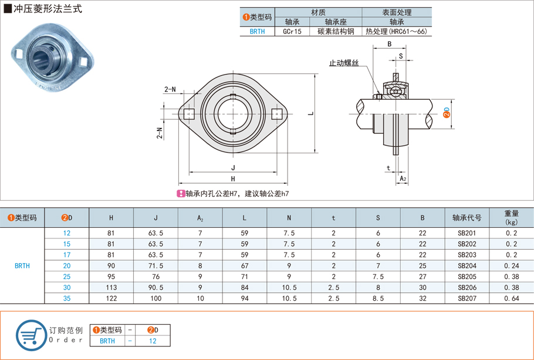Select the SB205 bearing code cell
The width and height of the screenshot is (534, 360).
(x=467, y=276)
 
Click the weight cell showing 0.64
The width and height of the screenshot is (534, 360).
(x=511, y=298)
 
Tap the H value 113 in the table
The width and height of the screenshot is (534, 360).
(x=111, y=287)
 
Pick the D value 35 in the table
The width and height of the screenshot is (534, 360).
(x=67, y=298)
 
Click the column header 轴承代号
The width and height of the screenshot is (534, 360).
(x=467, y=218)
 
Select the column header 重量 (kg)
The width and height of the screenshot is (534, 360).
(x=511, y=218)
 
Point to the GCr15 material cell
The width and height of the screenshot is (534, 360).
(x=292, y=32)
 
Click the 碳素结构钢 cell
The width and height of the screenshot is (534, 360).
(x=335, y=32)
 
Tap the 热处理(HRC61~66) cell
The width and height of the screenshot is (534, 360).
(x=396, y=32)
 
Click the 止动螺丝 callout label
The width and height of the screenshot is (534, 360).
(x=343, y=63)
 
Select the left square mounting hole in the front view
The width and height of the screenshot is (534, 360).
(x=189, y=114)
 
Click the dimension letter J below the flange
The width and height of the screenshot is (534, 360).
(x=233, y=168)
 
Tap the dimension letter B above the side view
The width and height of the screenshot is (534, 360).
(x=389, y=45)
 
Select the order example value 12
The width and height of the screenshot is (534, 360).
(x=153, y=341)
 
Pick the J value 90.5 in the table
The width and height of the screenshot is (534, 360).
(x=156, y=287)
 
